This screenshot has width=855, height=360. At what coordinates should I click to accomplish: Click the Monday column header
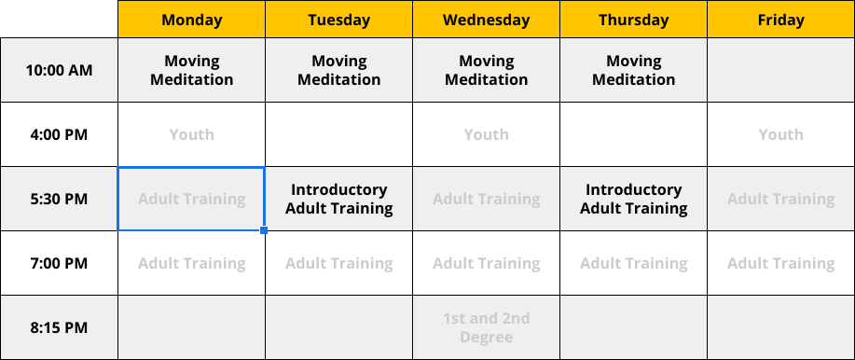pos(191,20)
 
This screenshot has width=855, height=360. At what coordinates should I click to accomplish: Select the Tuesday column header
pos(338,20)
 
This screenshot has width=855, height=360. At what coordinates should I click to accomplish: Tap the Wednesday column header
pos(486,20)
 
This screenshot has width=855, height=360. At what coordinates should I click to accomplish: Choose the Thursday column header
pos(633,20)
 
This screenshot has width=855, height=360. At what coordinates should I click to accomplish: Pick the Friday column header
pos(780,20)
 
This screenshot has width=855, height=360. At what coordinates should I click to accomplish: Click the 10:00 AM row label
pos(59,70)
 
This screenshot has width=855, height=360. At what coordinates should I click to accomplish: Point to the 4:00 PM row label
pos(59,134)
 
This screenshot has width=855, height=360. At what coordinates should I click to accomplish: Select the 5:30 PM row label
pos(59,199)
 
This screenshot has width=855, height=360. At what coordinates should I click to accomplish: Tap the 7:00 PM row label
pos(59,263)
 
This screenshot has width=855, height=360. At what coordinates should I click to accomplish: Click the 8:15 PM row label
pos(59,327)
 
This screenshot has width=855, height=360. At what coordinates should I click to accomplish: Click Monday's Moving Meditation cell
pos(191,70)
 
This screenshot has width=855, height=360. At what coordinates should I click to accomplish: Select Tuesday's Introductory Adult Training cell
pos(338,199)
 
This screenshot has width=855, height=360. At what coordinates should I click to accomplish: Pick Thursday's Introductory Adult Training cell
pos(633,199)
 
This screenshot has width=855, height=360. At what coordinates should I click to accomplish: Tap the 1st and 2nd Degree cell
pos(486,327)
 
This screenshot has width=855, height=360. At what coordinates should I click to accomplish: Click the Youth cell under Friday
pos(780,134)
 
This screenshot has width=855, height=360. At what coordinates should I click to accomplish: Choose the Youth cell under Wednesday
pos(486,134)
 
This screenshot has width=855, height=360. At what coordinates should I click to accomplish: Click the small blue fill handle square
pos(264,230)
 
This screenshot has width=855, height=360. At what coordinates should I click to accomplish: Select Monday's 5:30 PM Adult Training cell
pos(191,199)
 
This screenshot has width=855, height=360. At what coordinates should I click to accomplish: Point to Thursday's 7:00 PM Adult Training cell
pos(633,263)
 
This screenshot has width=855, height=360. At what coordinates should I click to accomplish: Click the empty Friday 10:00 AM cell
pos(780,70)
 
